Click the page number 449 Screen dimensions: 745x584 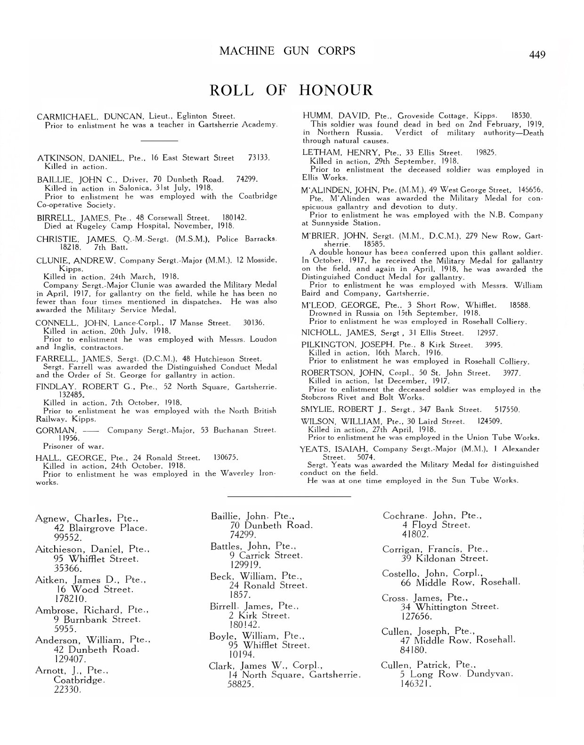(x=537, y=55)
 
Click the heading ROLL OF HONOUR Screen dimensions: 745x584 (x=291, y=89)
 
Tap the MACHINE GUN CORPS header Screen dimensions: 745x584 (x=287, y=50)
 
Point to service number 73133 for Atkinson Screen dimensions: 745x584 (x=258, y=158)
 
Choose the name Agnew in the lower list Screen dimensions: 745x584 (x=50, y=519)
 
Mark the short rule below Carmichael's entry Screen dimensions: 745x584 (x=159, y=140)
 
